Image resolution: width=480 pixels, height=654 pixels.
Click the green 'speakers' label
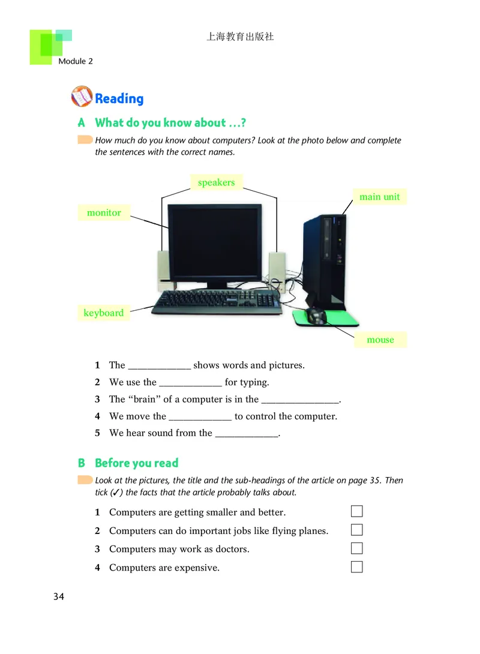tap(216, 182)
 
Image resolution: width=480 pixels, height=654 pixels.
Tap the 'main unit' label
tap(379, 197)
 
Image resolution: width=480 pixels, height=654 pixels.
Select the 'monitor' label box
tap(104, 212)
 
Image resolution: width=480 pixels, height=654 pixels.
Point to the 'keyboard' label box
tap(104, 313)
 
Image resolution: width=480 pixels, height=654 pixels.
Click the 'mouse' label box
tap(380, 340)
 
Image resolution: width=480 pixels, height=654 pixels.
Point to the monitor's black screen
tap(215, 243)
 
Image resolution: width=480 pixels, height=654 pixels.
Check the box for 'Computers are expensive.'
tap(357, 567)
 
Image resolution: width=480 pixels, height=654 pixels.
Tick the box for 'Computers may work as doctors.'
tap(357, 548)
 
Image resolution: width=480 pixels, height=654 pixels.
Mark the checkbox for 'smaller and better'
tap(357, 512)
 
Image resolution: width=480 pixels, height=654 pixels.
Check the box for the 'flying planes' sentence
tap(357, 530)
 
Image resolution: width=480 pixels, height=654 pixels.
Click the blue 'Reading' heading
tap(119, 98)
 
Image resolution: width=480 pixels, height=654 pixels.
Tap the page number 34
tap(59, 596)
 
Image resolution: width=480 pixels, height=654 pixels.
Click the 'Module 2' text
tap(76, 61)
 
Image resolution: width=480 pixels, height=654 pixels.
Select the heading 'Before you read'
tap(137, 463)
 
